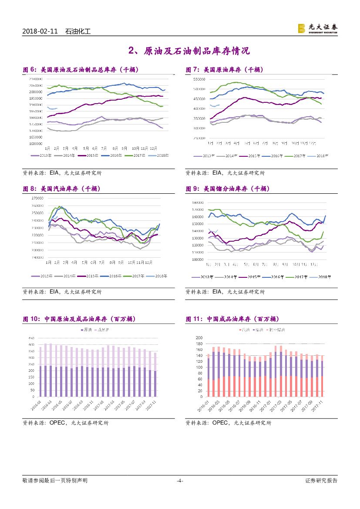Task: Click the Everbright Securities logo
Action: point(317,28)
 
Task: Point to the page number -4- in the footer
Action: point(180,481)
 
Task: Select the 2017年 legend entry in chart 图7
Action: point(297,155)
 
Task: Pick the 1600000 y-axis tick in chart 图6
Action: point(36,143)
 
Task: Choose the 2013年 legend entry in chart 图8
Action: point(40,276)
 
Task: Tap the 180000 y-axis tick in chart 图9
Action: point(198,202)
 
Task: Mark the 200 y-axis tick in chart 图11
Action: point(199,338)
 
